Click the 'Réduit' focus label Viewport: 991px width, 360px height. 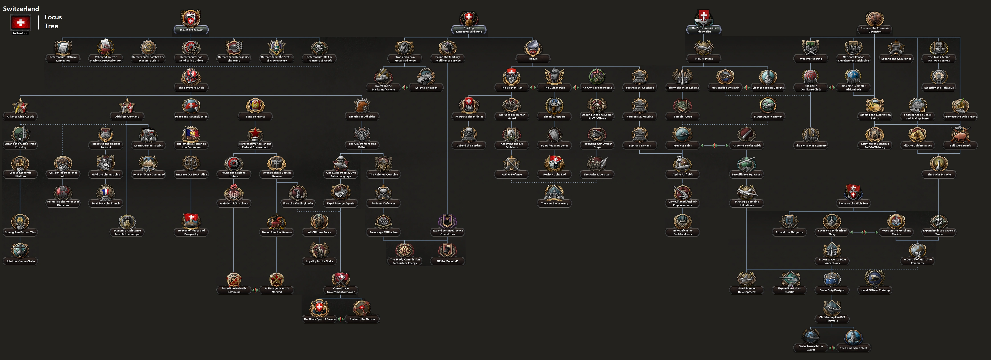pos(533,59)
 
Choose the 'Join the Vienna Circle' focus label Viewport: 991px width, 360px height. pos(20,261)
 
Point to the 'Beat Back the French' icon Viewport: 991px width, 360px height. pos(106,192)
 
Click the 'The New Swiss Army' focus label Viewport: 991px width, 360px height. pos(554,203)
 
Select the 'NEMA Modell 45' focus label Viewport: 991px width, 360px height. pos(447,261)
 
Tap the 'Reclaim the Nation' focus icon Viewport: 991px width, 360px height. pos(362,308)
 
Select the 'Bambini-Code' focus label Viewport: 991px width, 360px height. pos(683,117)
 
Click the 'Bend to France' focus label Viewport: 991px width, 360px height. pos(255,117)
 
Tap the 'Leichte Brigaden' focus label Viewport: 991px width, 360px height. pos(426,88)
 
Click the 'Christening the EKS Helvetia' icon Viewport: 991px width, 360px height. pos(832,307)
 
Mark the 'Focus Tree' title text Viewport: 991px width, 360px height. pos(53,22)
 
